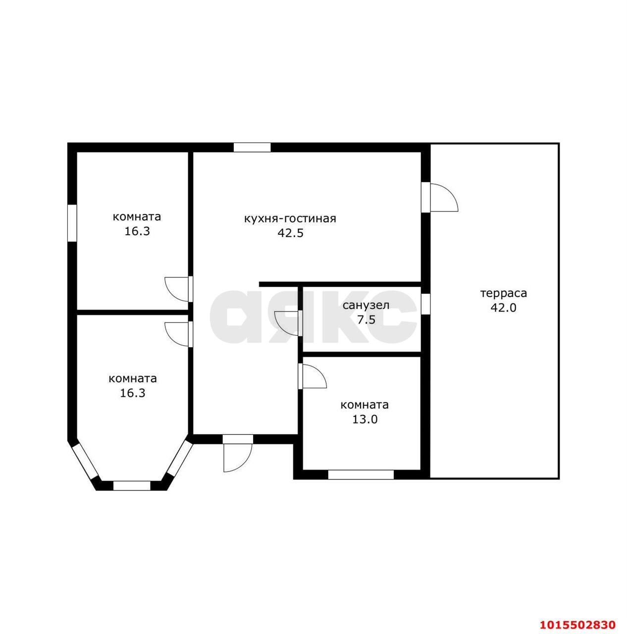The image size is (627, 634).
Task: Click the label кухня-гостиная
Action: click(x=290, y=219)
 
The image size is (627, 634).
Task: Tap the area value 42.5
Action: click(x=290, y=233)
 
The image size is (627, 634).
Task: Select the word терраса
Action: click(x=503, y=294)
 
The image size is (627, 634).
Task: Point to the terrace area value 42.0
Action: click(x=503, y=308)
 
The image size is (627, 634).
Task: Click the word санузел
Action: click(x=366, y=306)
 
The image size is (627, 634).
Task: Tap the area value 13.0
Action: click(x=365, y=420)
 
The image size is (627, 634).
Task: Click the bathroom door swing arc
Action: click(x=286, y=323)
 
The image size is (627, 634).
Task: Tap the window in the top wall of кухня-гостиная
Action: click(x=252, y=147)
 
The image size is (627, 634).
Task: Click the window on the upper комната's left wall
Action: click(x=72, y=223)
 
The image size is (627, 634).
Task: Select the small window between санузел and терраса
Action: click(x=425, y=303)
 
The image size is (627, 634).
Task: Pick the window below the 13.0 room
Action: click(x=361, y=475)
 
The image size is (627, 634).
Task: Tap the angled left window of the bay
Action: click(x=85, y=462)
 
